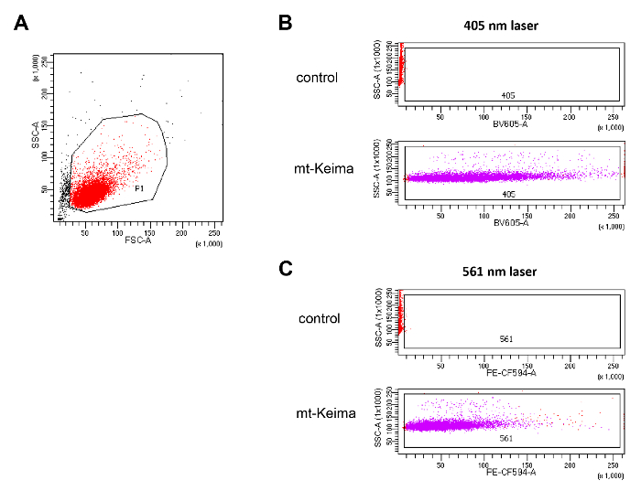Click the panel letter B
click(x=286, y=24)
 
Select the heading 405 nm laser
click(x=501, y=26)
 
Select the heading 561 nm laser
click(x=501, y=271)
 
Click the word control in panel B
click(x=319, y=76)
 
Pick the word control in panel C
click(x=319, y=319)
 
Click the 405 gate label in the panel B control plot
click(x=507, y=95)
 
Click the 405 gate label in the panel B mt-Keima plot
click(x=507, y=194)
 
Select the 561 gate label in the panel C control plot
click(x=505, y=339)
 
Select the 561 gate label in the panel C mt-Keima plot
click(x=506, y=439)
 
